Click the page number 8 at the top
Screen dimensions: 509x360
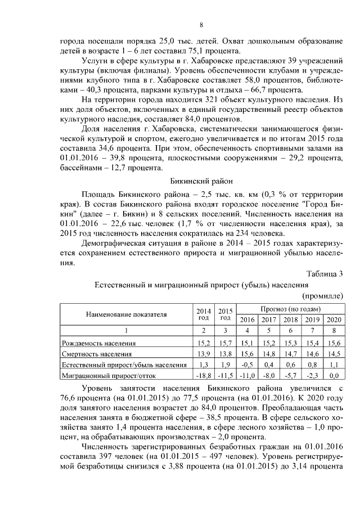[202, 24]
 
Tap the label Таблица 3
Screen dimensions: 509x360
[325, 274]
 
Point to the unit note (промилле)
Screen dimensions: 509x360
[323, 295]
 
